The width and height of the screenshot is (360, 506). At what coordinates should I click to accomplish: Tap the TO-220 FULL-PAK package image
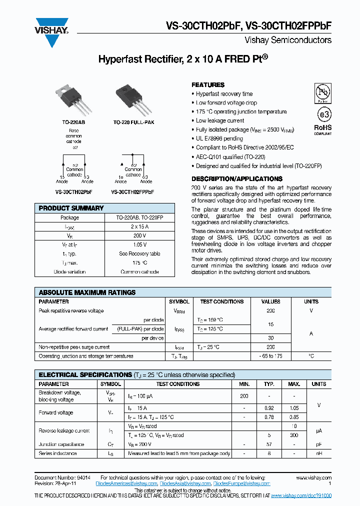(131, 99)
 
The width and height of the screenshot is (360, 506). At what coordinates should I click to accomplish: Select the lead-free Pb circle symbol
(322, 93)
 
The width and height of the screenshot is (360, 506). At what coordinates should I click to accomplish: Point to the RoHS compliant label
(322, 129)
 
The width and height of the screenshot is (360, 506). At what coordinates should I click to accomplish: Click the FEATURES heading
(208, 85)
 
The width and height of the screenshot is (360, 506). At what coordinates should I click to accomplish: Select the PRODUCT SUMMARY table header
(71, 208)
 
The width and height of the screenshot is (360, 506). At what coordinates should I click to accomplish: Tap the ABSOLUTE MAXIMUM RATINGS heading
(87, 292)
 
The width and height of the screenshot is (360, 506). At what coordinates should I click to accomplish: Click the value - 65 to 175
(270, 356)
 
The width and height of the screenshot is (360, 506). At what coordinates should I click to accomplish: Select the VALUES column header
(270, 301)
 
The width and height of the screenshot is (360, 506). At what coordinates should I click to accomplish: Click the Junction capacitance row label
(61, 444)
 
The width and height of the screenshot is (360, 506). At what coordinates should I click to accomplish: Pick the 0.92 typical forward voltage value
(269, 408)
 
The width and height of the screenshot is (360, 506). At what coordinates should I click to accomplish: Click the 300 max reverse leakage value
(294, 435)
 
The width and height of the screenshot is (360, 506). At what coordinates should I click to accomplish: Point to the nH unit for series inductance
(318, 453)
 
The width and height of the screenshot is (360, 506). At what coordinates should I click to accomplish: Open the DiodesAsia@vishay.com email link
(185, 483)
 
